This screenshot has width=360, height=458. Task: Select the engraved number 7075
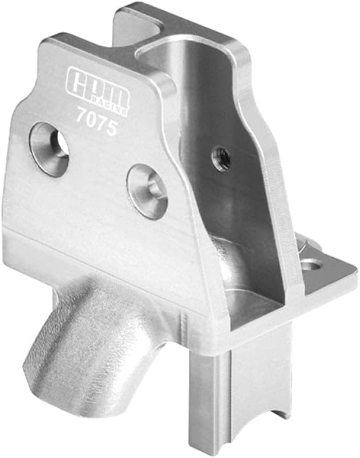(96, 121)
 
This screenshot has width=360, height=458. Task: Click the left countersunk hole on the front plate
(49, 149)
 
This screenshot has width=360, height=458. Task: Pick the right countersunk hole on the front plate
(148, 191)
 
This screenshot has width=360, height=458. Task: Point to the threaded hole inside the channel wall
(221, 159)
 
